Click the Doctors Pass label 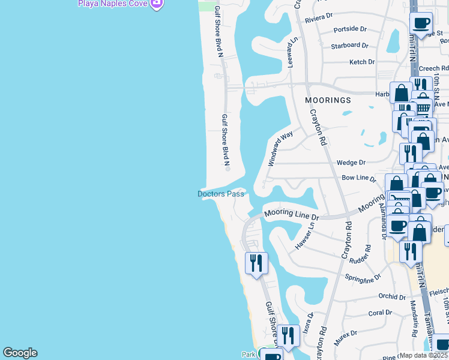221,194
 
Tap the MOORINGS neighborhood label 328,100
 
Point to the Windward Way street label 280,148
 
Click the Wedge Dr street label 351,163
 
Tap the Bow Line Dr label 358,178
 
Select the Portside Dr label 350,29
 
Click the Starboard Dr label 349,46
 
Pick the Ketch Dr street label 361,62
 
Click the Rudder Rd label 360,255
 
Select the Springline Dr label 363,278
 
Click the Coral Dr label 379,313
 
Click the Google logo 20,353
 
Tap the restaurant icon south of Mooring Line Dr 256,263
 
